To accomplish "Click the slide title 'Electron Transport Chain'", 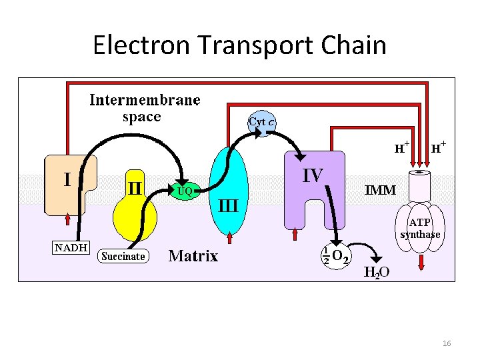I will [239, 45].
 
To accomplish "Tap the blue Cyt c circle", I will [263, 122].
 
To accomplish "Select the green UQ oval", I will [185, 191].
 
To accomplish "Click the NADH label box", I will [71, 247].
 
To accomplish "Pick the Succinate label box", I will [123, 256].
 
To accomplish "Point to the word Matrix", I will [193, 256].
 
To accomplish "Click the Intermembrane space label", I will [145, 109].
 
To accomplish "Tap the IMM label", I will [381, 190].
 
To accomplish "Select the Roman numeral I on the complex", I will [67, 179].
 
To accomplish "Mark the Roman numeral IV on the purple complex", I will [313, 176].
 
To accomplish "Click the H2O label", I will [377, 272].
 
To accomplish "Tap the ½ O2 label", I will [336, 255].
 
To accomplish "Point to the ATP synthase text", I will [420, 229].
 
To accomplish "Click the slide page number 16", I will [447, 343].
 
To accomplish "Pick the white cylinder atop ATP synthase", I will [420, 185].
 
